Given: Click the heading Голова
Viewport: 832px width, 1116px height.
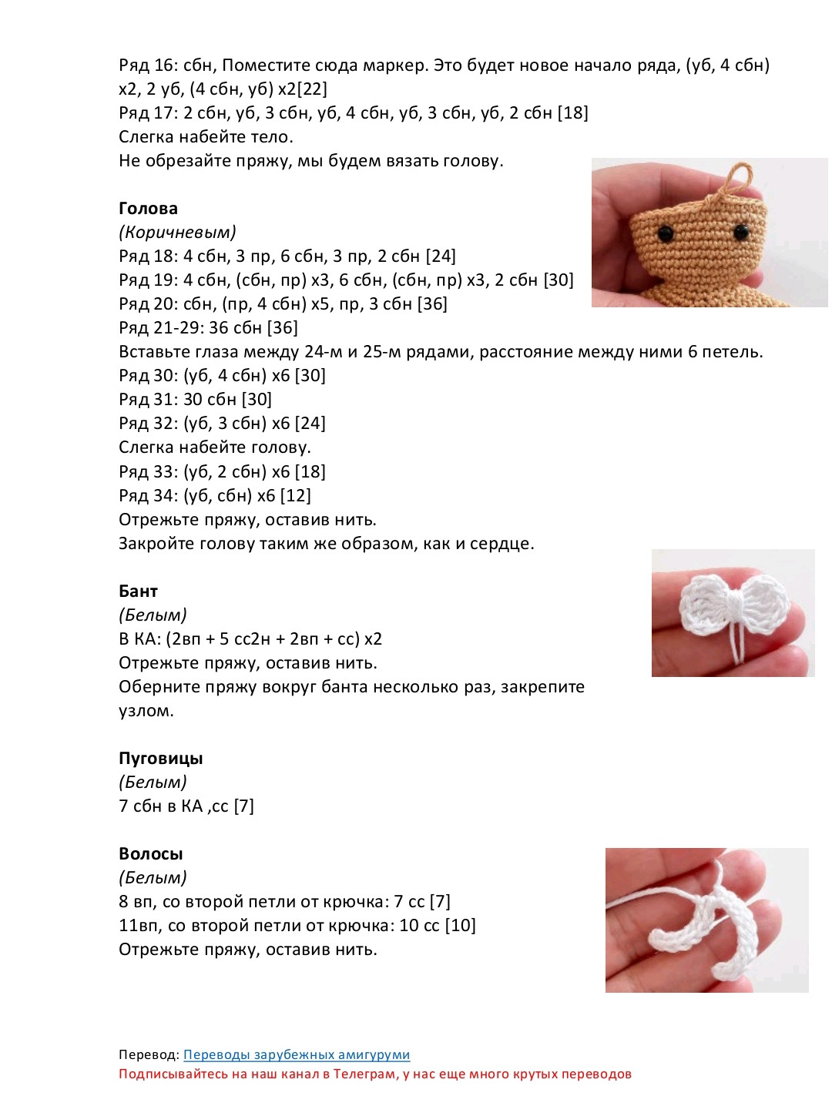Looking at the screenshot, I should [x=148, y=209].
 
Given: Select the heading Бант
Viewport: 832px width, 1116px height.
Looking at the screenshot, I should [x=138, y=592].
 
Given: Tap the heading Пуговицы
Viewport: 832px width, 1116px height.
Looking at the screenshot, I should [x=161, y=759].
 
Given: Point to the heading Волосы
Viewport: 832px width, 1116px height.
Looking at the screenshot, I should [x=151, y=854].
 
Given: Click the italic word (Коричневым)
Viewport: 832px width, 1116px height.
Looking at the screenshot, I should [x=177, y=233].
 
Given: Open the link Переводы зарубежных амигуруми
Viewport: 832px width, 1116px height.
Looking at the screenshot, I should [x=297, y=1055].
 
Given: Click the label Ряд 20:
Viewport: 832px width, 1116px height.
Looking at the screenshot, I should [x=149, y=304].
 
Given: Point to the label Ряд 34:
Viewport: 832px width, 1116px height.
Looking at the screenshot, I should [x=149, y=496].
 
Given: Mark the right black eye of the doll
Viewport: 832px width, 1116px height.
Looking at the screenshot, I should [x=741, y=230].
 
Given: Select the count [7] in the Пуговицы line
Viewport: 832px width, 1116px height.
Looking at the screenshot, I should [x=244, y=806].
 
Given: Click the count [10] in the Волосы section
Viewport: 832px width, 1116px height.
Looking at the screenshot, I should [x=461, y=926].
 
